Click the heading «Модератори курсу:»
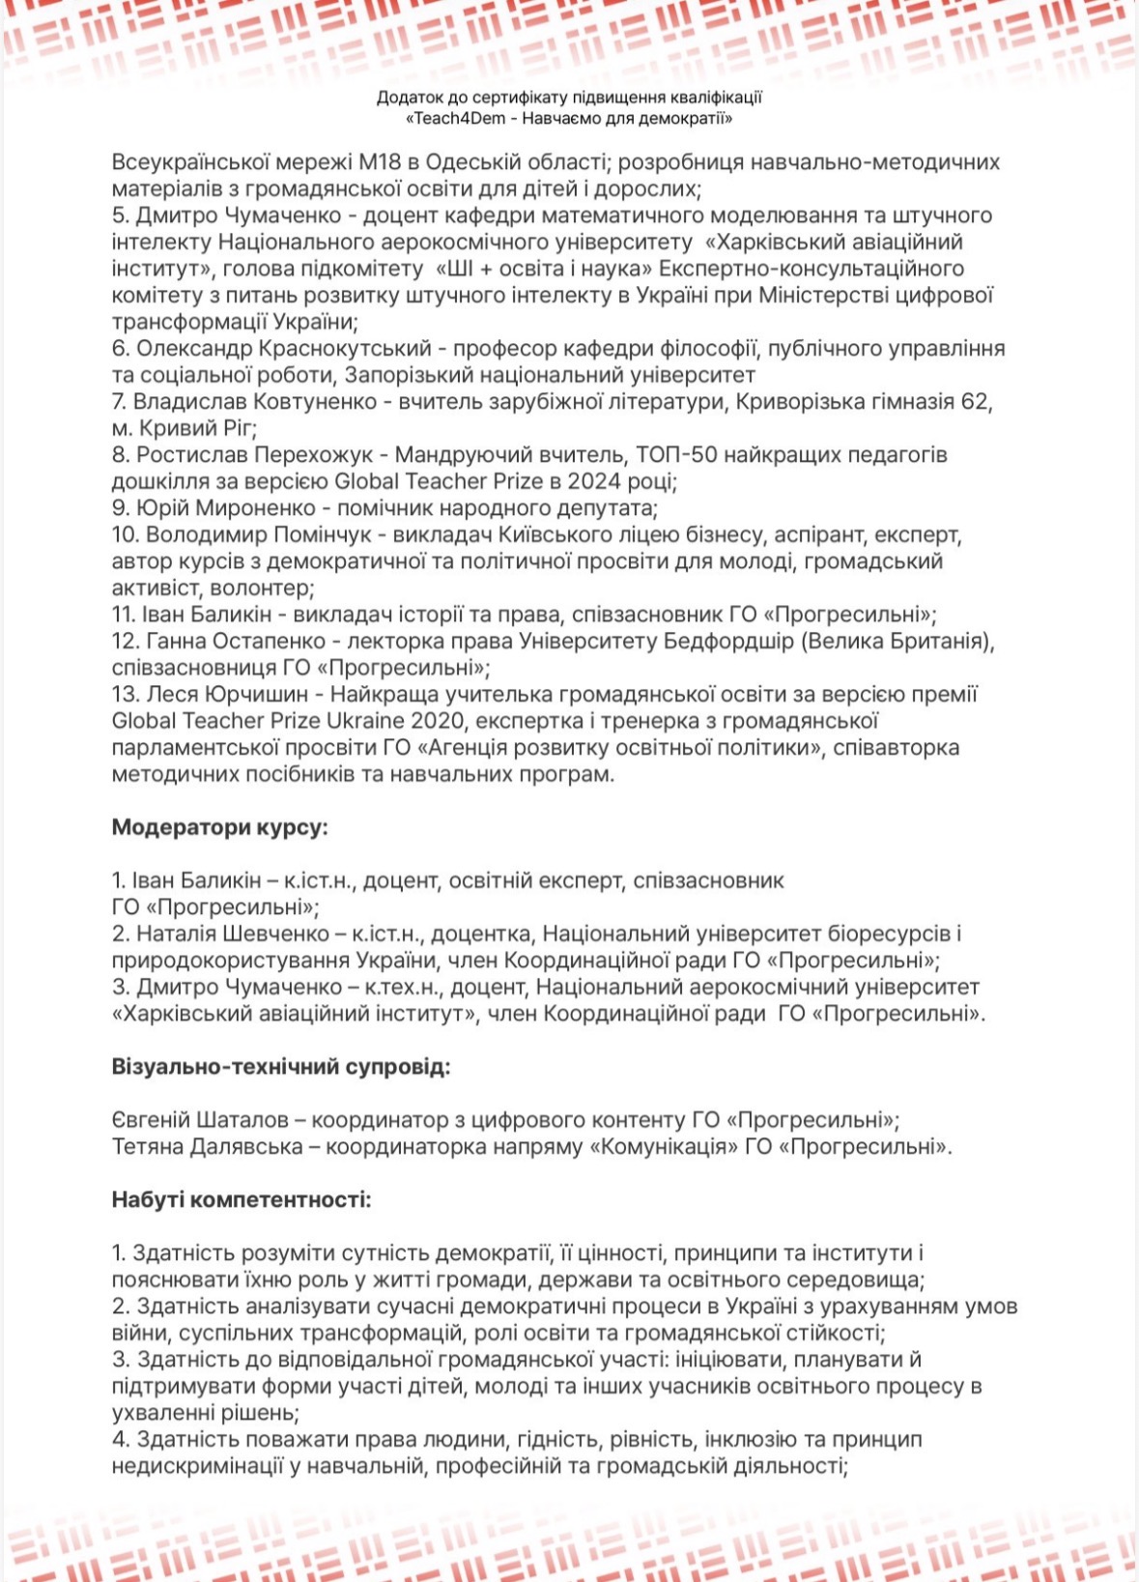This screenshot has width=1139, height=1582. click(x=220, y=827)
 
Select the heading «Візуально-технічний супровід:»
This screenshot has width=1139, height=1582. click(x=281, y=1067)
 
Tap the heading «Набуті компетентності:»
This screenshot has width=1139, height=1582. click(x=242, y=1200)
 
